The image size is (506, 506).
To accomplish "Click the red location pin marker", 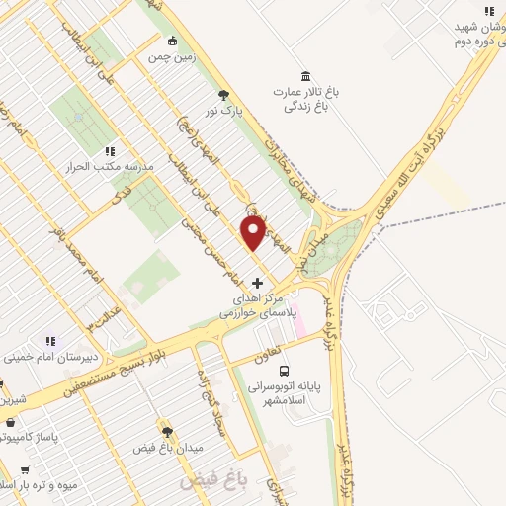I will click(253, 233).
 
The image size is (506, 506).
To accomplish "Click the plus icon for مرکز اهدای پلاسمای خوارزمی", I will click(258, 284).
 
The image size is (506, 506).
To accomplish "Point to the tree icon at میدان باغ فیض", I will click(167, 432).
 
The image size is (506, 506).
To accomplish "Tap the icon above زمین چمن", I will click(174, 41).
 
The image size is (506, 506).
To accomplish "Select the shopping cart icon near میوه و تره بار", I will click(24, 470).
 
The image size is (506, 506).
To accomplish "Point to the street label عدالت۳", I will click(96, 322).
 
